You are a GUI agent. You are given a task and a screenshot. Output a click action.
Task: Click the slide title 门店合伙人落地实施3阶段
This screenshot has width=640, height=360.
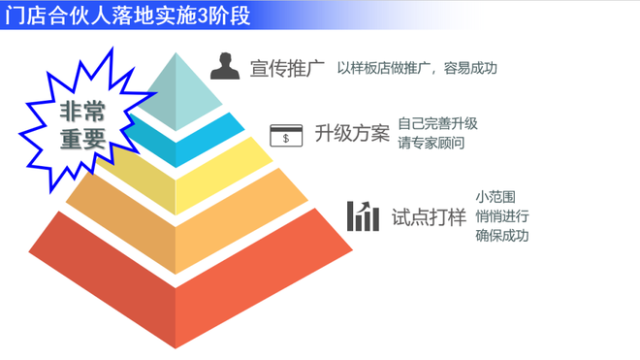127,16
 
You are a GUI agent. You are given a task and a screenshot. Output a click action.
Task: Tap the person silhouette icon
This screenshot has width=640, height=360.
225,66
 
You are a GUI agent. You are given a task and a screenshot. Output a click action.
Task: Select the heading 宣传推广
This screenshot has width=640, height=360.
287,68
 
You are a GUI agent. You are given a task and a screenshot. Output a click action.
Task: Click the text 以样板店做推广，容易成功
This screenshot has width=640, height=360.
417,68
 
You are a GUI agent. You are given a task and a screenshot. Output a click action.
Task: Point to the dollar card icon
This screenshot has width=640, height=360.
286,135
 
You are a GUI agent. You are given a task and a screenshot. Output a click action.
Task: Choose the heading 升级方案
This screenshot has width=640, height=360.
352,133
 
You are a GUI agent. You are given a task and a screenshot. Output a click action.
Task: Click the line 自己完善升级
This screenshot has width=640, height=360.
437,123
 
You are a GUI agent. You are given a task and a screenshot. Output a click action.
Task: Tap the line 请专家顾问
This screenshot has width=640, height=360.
431,143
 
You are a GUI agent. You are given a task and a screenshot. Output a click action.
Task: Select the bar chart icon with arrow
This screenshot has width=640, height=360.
363,216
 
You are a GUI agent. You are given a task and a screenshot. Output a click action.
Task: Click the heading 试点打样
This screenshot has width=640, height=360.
429,216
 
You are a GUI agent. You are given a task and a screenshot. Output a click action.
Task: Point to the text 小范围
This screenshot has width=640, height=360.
496,197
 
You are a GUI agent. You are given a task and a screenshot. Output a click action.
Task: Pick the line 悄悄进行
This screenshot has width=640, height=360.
502,216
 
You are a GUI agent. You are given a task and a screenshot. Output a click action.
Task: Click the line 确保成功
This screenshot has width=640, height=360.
502,236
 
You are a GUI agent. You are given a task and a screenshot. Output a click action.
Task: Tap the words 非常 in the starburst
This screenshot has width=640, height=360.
82,112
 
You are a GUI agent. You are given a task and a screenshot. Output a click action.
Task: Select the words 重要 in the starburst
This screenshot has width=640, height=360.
82,139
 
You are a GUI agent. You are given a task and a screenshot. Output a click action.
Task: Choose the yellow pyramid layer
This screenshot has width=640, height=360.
212,176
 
